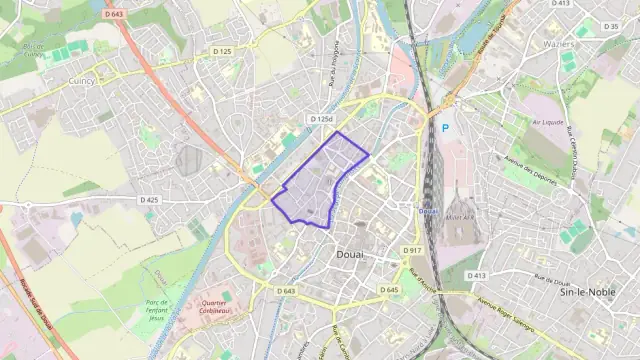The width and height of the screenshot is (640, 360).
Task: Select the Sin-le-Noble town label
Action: pos(587,291)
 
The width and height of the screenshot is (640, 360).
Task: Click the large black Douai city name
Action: pos(345,254)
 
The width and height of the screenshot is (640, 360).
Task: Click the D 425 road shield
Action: pos(148,200)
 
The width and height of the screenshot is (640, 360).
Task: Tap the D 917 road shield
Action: pos(413,249)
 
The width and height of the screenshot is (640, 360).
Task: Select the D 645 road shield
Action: pos(389,290)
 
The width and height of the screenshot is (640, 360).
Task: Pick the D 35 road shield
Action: pos(610,26)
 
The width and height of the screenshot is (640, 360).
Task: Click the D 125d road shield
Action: pos(320,119)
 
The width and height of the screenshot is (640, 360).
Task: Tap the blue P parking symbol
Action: pos(445,128)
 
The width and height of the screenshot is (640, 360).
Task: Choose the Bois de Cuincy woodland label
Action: pos(33,50)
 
